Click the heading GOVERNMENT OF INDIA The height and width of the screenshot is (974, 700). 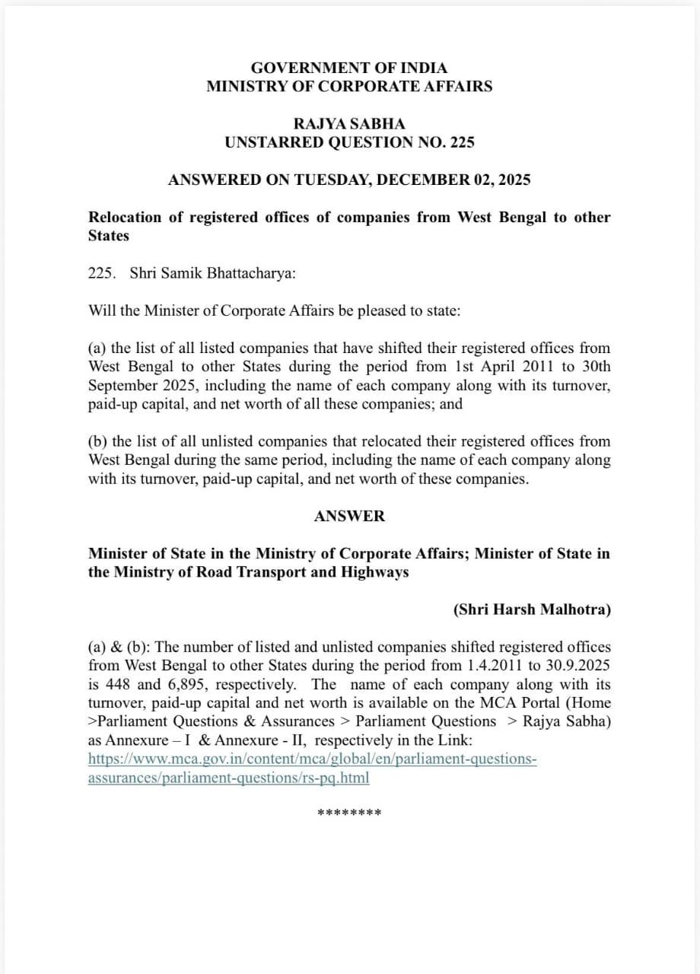[x=349, y=68]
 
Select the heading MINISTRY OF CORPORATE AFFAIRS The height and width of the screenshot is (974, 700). [x=349, y=86]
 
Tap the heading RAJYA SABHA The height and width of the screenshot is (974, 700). [x=349, y=123]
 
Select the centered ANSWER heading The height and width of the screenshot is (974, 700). [x=349, y=516]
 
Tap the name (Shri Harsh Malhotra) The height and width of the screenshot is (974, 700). [x=532, y=610]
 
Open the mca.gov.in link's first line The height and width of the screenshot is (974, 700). [x=313, y=759]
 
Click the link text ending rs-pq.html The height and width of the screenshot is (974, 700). [x=229, y=778]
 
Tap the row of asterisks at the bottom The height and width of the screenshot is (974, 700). [x=349, y=813]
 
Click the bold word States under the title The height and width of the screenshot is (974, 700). [x=109, y=236]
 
